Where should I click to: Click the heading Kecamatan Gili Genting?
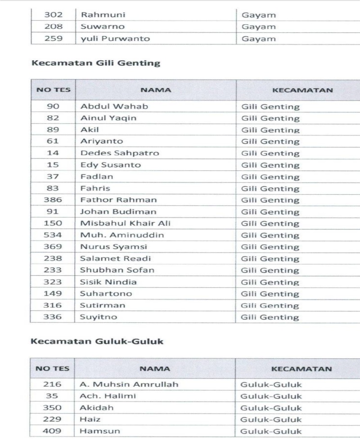click(x=95, y=63)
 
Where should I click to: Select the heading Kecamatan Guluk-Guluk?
click(x=96, y=342)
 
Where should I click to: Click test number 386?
click(x=53, y=200)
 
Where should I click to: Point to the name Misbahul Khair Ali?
click(x=125, y=223)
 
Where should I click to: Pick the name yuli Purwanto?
click(x=115, y=39)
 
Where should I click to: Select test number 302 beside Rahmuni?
click(x=53, y=15)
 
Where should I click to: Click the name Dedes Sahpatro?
click(x=119, y=153)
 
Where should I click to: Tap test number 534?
click(x=53, y=235)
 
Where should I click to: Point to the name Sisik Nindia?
click(x=108, y=282)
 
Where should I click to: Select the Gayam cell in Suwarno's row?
click(x=259, y=27)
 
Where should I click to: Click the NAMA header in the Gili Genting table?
click(x=155, y=90)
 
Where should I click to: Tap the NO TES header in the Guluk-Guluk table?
click(x=53, y=369)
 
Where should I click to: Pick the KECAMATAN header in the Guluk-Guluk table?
click(x=302, y=369)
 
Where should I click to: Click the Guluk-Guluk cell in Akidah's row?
click(x=271, y=408)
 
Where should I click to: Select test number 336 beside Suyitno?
click(x=53, y=317)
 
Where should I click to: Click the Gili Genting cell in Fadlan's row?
click(x=270, y=177)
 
